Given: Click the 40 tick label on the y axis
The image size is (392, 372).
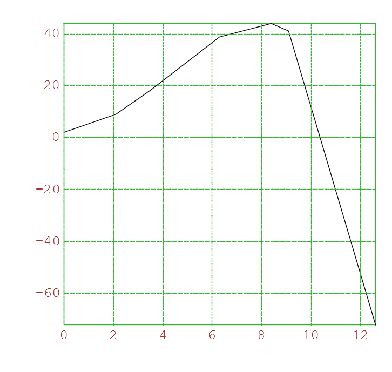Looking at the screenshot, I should (x=52, y=33).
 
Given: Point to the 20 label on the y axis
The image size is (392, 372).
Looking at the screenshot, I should (x=52, y=85).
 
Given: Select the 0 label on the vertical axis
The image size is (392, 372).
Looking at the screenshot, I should (x=56, y=137).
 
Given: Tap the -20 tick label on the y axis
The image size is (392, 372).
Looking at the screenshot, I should (x=48, y=189).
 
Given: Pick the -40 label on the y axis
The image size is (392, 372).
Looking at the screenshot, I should (x=48, y=241).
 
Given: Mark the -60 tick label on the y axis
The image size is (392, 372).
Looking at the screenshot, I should (x=48, y=293).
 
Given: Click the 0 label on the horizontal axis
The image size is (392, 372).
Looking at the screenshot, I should (x=64, y=335).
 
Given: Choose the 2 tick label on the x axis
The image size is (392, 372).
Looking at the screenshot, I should (x=113, y=335).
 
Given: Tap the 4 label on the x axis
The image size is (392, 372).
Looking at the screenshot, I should (x=163, y=335).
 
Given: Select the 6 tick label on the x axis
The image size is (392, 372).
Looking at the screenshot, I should (x=212, y=335).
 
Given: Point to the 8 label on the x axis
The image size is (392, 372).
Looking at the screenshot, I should (x=262, y=335).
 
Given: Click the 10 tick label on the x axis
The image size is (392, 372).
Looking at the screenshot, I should (x=311, y=335).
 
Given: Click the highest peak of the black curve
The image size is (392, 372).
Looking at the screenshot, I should (x=271, y=23).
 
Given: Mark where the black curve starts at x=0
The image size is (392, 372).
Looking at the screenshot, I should (x=64, y=132).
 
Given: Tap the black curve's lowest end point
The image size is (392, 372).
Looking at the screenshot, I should (x=375, y=324).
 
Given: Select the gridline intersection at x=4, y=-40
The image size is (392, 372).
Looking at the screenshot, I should (x=163, y=241).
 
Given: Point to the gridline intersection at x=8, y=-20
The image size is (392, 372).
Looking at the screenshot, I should (x=262, y=190).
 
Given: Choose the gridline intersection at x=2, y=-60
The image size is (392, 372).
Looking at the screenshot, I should (x=113, y=293).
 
